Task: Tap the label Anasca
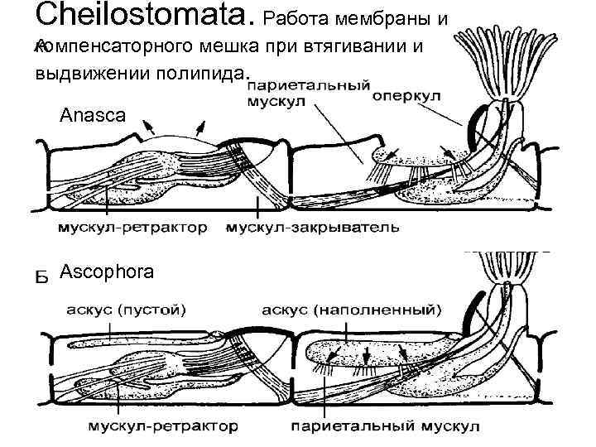coord(93,116)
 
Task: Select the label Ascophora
coord(107,271)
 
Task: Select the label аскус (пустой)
coord(125,310)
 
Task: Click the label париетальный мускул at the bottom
coord(386,427)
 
